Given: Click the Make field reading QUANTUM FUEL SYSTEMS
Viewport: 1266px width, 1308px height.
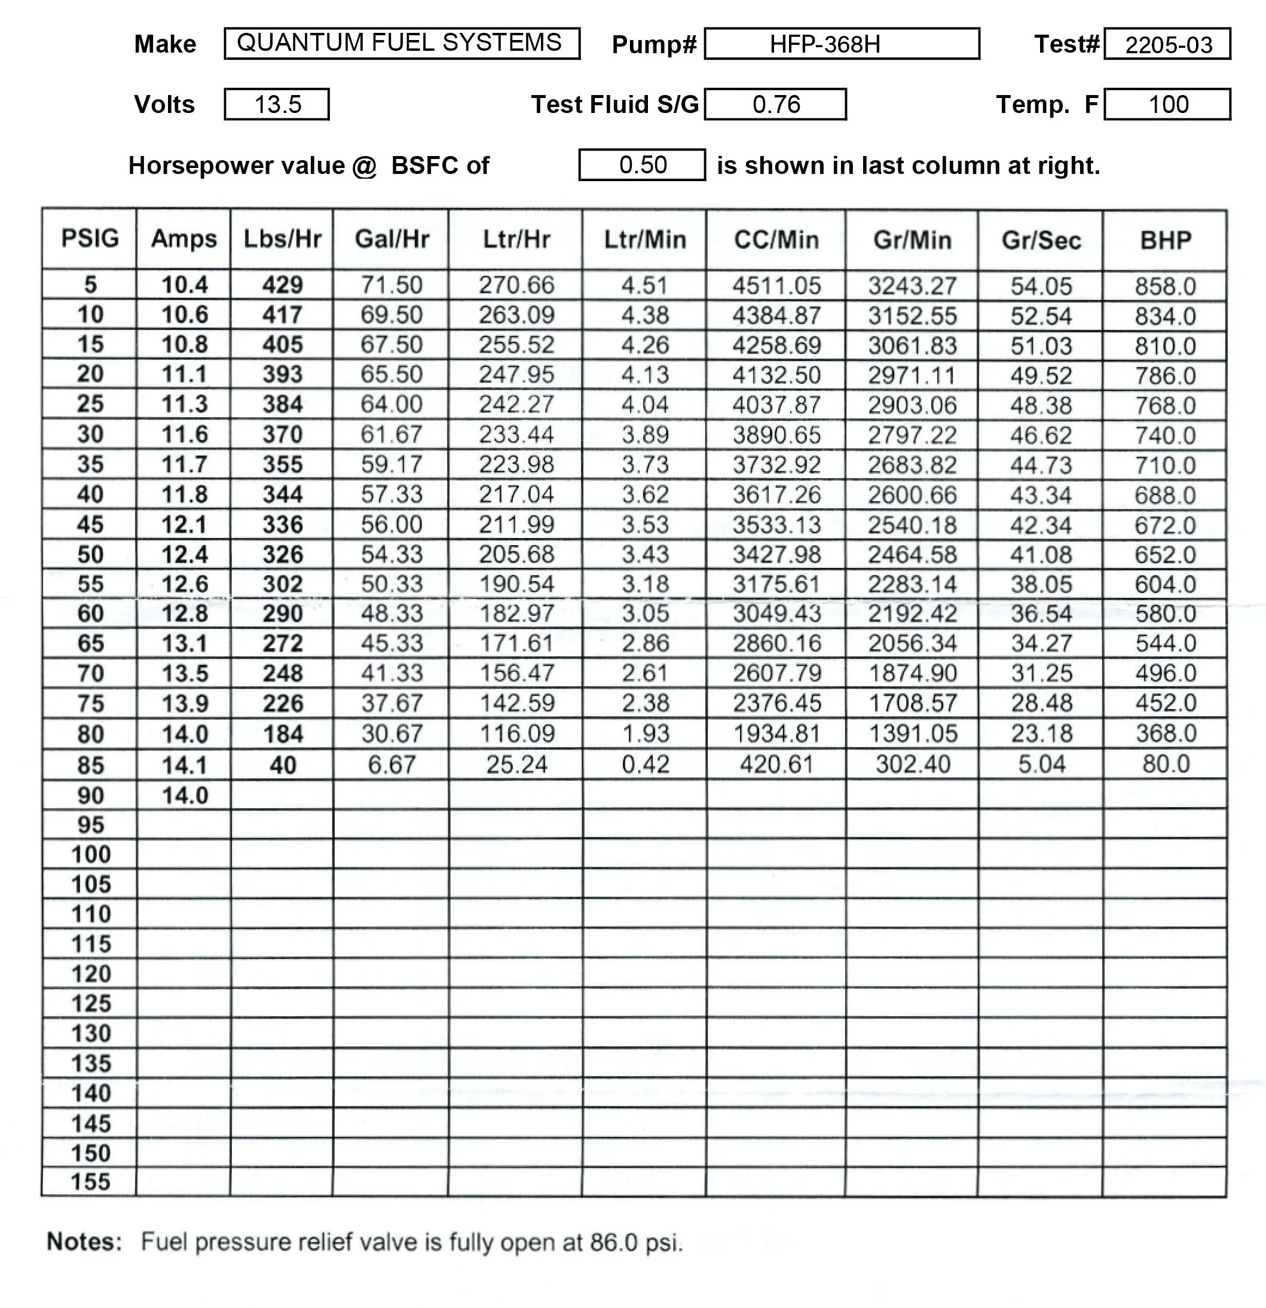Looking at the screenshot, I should click(401, 44).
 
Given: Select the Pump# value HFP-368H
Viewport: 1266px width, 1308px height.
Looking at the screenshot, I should click(841, 44).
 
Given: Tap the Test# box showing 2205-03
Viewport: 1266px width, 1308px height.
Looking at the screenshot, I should click(1167, 44).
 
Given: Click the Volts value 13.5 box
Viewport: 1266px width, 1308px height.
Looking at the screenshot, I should click(276, 104).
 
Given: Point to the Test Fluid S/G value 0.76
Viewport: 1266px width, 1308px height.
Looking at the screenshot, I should click(775, 104).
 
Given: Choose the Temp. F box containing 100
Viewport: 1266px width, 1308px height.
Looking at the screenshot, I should click(1167, 104).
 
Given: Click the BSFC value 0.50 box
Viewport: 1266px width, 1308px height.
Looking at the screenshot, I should click(641, 165).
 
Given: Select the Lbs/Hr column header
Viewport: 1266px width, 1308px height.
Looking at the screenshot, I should click(282, 239).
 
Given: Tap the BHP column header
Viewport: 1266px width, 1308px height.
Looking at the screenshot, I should click(1164, 240).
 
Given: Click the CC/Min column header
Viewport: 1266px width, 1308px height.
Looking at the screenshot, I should click(775, 240).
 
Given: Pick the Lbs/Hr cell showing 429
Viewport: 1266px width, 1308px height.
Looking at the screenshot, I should click(282, 285).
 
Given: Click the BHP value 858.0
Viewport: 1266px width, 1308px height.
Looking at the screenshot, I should click(1164, 286).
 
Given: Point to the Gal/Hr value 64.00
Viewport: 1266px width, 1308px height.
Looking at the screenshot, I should click(391, 404).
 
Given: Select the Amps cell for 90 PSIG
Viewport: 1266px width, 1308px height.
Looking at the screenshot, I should click(184, 796).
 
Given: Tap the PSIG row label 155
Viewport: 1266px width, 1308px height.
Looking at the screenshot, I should click(90, 1182).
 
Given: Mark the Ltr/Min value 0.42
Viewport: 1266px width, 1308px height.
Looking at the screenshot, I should click(645, 764).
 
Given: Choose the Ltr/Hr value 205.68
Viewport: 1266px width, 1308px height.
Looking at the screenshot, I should click(516, 555).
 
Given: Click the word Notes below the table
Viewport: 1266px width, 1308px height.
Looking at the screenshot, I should click(84, 1242).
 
